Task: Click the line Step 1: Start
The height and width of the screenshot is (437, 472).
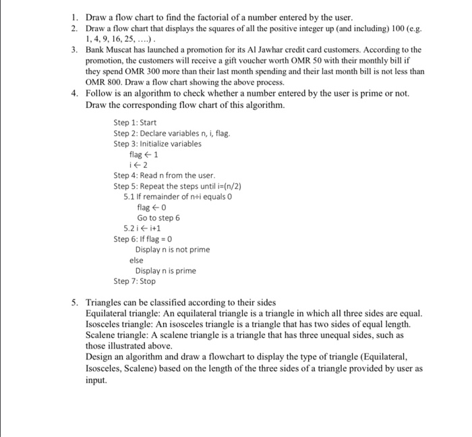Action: point(136,123)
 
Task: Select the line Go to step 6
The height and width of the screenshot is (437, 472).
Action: point(158,218)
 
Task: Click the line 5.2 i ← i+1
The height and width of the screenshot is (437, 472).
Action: point(142,228)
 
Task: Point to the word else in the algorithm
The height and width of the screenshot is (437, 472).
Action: point(137,260)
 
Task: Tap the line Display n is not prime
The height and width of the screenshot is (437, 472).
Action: point(172,250)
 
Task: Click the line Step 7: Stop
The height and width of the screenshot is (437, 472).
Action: point(135,281)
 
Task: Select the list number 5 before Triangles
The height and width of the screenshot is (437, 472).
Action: point(75,302)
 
